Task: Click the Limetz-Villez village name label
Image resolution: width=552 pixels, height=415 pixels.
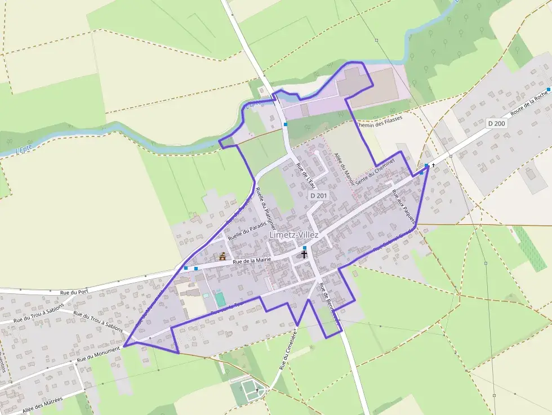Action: tap(293, 235)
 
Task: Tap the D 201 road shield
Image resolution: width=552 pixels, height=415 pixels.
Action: tap(319, 195)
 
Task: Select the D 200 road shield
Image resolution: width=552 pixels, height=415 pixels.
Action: tap(497, 123)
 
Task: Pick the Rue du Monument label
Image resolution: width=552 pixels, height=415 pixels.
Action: tap(99, 354)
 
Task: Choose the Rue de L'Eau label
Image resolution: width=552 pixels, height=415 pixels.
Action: tap(306, 175)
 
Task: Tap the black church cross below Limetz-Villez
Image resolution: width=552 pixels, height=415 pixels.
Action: tap(304, 254)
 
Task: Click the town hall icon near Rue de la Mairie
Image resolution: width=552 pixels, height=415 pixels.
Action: tap(223, 257)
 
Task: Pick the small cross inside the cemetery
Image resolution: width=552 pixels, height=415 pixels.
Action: tap(257, 390)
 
